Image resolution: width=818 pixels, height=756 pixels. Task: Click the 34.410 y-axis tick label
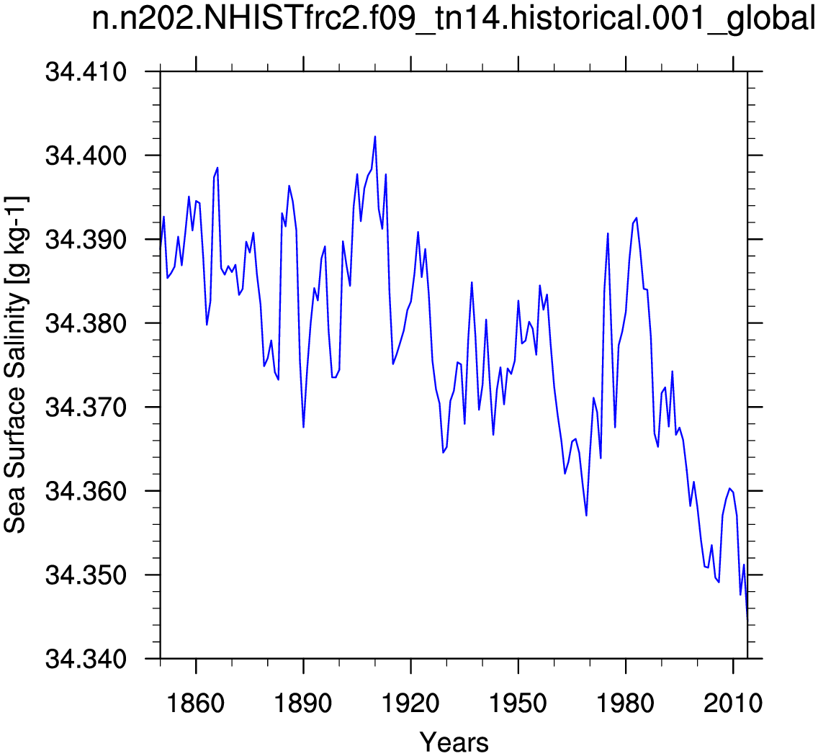coord(86,71)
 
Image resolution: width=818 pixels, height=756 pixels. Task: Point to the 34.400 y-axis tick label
coord(86,156)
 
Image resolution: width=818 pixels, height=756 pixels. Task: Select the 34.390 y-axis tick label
coord(86,240)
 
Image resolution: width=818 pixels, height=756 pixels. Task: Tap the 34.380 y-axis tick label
coord(86,323)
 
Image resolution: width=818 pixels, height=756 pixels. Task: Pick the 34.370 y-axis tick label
coord(86,407)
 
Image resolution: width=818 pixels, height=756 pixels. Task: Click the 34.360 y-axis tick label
coord(86,491)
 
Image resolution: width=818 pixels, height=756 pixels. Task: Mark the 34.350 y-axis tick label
coord(86,575)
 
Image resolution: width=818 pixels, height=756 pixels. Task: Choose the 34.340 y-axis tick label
coord(86,659)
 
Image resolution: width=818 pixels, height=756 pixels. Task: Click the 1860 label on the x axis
coord(196,703)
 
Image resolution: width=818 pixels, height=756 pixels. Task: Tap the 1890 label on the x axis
coord(303,703)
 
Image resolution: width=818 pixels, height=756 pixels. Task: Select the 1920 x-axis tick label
coord(410,703)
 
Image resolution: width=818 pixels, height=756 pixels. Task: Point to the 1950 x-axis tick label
coord(518,703)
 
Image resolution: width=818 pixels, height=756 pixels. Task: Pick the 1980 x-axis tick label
coord(626,703)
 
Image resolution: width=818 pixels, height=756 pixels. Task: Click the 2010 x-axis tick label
coord(733,703)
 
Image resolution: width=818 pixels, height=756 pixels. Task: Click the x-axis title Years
coord(454,742)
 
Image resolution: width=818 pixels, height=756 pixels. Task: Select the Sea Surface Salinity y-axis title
coord(16,365)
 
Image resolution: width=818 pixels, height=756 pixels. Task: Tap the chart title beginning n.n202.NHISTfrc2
coord(454,19)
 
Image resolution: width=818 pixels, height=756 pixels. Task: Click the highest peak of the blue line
coord(375,137)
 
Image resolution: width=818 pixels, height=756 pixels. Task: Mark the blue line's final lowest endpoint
coord(747,617)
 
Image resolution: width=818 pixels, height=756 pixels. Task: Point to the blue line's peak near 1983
coord(637,218)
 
